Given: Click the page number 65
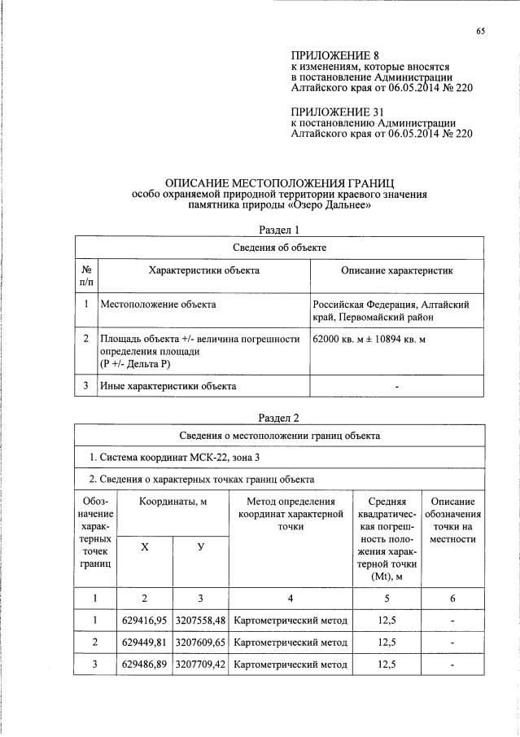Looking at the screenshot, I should [x=480, y=32].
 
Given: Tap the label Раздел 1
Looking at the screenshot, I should [x=279, y=230].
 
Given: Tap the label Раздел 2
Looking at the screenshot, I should [x=279, y=418].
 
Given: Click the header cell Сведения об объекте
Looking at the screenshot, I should [x=279, y=247].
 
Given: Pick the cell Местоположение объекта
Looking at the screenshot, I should [x=158, y=305].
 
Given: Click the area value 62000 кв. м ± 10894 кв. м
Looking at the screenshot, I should [x=369, y=339].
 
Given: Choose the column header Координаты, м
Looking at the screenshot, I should [x=173, y=502].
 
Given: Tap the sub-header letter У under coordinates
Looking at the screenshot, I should [x=200, y=547].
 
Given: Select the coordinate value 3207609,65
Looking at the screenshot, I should [x=200, y=643].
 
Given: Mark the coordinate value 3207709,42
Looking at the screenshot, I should [x=200, y=665].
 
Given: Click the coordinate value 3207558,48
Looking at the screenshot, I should [x=200, y=621].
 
